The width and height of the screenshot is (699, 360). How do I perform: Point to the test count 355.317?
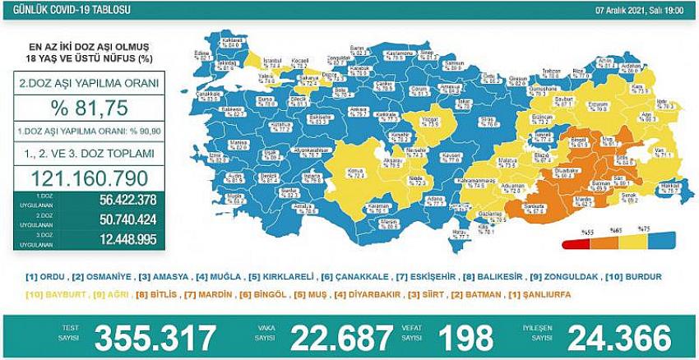pos(156,337)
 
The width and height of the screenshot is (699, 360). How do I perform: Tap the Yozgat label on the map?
pos(429,121)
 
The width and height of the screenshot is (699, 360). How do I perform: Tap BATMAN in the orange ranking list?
pos(468,293)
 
